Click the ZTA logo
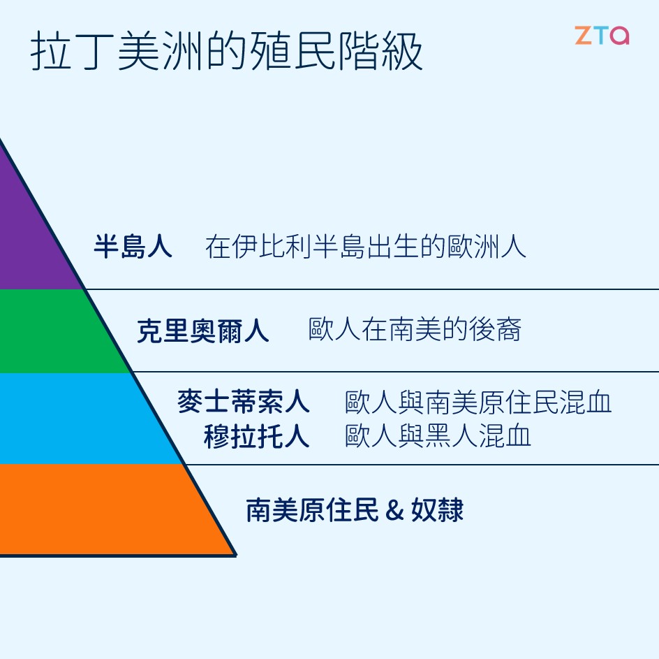[x=602, y=36]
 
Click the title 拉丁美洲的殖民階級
[x=227, y=52]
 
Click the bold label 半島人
[x=133, y=247]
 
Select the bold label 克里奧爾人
[x=202, y=331]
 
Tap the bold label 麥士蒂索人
[x=243, y=402]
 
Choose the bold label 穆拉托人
[x=256, y=436]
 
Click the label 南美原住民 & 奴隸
[x=354, y=510]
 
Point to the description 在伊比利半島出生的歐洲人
[x=365, y=247]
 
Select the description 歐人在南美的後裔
[x=415, y=330]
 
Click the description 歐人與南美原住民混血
[x=478, y=402]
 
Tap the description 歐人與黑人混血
[x=438, y=435]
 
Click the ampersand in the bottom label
[x=394, y=511]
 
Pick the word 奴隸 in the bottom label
[x=437, y=510]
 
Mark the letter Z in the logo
[x=583, y=36]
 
